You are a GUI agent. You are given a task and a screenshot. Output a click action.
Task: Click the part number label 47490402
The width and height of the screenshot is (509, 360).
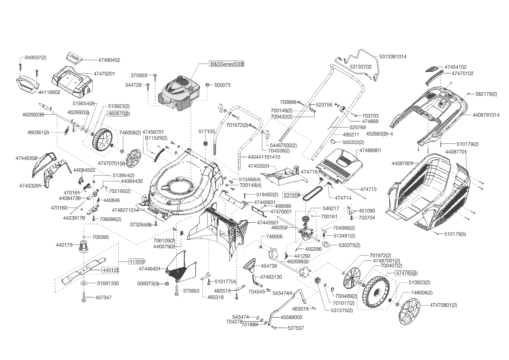coord(109,60)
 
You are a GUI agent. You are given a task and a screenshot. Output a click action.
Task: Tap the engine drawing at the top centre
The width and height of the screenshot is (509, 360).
coord(179,93)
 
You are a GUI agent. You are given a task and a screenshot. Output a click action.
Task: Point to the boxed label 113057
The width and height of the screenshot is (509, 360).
coord(137,262)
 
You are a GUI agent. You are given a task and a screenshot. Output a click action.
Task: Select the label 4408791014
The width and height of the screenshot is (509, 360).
coord(486,115)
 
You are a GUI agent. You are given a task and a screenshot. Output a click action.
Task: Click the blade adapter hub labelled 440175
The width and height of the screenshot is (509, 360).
coord(83,247)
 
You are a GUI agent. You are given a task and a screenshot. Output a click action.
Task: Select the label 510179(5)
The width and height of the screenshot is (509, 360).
coord(455,234)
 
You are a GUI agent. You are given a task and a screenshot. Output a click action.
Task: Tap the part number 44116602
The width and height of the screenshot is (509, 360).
coord(49,92)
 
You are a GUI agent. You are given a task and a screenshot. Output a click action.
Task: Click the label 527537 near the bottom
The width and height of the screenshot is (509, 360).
coord(296,328)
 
